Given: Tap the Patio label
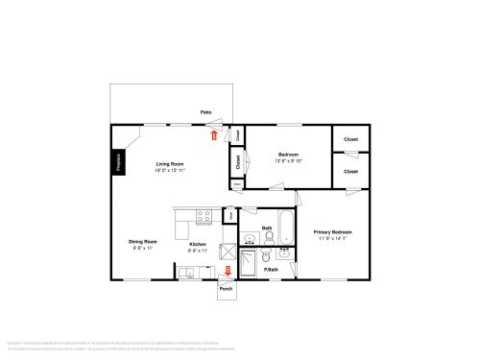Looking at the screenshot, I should tap(205, 113).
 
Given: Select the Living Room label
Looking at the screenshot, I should tap(170, 164).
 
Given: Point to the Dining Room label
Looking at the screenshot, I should tap(143, 241).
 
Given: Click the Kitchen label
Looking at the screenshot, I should tap(197, 245).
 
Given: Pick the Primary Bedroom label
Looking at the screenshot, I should tap(333, 232).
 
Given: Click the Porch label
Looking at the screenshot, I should tap(226, 289).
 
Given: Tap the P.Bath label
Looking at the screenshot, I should tap(272, 269).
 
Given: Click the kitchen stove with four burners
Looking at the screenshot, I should tap(203, 216).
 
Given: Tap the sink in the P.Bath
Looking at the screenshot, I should tap(285, 253).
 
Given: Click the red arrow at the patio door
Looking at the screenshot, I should tap(214, 134).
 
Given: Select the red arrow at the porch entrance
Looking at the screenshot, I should tap(227, 271).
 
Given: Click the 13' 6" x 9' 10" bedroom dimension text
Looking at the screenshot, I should tap(288, 160).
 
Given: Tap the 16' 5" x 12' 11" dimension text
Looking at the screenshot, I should tap(170, 170).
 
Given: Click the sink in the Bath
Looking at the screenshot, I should tap(248, 237).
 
